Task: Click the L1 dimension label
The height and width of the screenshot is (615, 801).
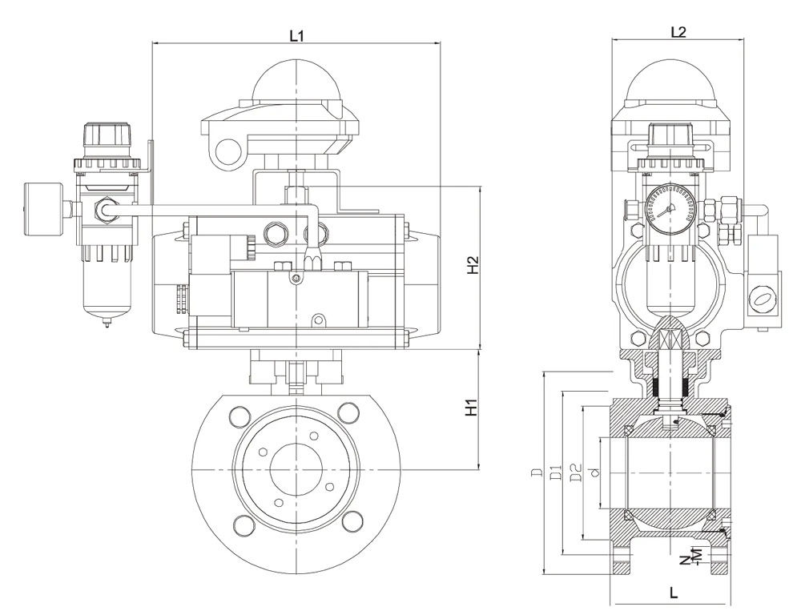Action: tap(297, 35)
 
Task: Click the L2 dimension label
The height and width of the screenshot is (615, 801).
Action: tap(678, 32)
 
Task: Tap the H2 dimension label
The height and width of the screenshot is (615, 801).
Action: tap(473, 264)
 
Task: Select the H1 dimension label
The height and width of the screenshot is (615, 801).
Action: tap(471, 407)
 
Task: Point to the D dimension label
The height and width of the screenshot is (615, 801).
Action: tap(536, 472)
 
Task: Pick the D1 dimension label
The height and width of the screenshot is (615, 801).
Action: tap(557, 472)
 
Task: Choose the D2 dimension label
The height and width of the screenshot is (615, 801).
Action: tap(576, 472)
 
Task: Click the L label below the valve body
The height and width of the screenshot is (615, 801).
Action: tap(674, 593)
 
